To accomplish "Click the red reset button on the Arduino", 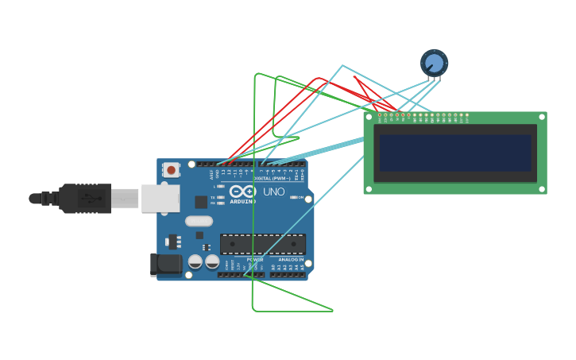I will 171,170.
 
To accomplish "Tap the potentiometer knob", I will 434,63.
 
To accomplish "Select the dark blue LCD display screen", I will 455,153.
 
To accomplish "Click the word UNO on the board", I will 273,192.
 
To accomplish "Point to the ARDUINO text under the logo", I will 242,201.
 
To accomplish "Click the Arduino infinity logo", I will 242,192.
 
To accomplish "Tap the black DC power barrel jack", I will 165,264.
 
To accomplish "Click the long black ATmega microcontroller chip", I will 262,244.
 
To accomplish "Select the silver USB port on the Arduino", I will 160,199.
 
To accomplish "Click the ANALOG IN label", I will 290,259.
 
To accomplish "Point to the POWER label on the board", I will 255,259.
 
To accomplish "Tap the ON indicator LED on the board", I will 294,197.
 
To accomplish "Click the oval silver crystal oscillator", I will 199,221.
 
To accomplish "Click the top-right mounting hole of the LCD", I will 542,117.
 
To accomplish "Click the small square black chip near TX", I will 201,202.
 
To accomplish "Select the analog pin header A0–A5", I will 288,275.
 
